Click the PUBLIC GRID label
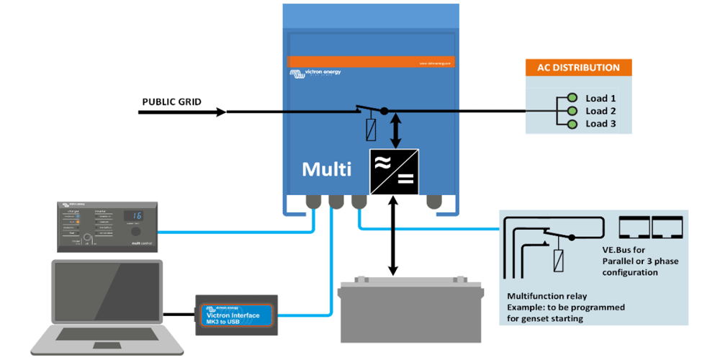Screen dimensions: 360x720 click(x=171, y=102)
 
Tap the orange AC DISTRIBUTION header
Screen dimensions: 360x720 click(x=578, y=68)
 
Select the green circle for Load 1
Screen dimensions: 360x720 click(x=572, y=98)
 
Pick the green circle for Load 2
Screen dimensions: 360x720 click(x=572, y=111)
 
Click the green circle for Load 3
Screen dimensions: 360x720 click(x=572, y=124)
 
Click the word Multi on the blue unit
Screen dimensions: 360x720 click(x=326, y=169)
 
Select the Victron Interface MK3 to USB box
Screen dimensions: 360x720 click(x=237, y=314)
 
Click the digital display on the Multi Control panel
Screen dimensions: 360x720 click(x=134, y=215)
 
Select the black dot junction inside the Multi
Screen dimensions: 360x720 click(x=384, y=111)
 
